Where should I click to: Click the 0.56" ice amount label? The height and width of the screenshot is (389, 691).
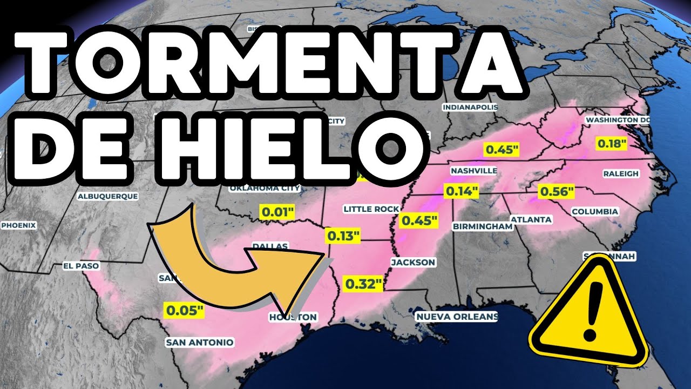point(556,192)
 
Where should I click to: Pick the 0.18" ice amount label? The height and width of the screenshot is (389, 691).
point(612,144)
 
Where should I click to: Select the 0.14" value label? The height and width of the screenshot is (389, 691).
point(462,191)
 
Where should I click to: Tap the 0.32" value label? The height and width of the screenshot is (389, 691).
point(363,283)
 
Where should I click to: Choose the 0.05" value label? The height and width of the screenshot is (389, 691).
point(185,311)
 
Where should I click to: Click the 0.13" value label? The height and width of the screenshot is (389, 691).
point(343,236)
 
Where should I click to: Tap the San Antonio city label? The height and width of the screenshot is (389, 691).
point(199,342)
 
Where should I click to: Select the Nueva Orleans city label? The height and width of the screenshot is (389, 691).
point(457,316)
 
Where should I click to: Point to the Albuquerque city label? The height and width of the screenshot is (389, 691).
point(107,197)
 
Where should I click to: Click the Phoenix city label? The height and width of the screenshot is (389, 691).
point(18,225)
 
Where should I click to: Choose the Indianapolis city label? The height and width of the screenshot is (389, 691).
point(470,108)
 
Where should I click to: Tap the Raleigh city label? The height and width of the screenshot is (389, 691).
point(620,173)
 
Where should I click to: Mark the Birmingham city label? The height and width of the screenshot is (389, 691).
point(482,226)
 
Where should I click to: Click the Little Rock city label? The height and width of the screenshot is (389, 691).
point(371,209)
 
